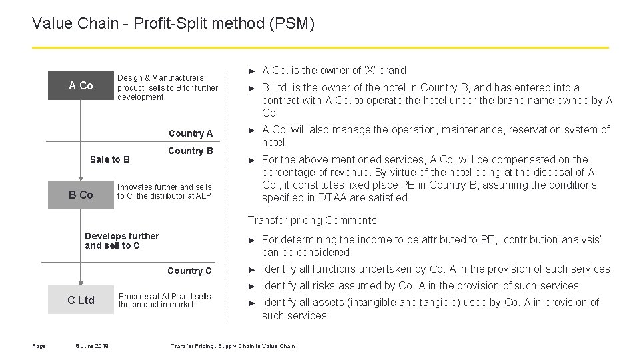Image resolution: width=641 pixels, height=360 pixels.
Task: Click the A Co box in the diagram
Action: pos(81,85)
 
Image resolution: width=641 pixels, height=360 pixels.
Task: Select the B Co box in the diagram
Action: pos(81,195)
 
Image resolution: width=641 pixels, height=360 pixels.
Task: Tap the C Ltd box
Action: pos(81,300)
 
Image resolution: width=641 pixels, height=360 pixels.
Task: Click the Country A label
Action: pos(190,133)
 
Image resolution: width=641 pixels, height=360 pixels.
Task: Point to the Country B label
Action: pos(190,151)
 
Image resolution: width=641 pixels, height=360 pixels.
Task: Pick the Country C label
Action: pos(189,271)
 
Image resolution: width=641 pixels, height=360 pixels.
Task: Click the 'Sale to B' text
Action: pos(110,159)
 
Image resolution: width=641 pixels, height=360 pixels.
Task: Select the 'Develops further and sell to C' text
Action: pos(122,241)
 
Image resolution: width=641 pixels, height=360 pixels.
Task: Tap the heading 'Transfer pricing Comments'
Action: pos(312,221)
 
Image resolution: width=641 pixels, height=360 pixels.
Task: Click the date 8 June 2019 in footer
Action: pos(93,345)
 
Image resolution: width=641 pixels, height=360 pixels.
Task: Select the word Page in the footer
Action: pos(39,345)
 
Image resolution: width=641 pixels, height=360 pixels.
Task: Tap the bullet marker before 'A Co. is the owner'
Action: pos(252,71)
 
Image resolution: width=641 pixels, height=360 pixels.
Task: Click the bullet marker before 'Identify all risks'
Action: pos(252,286)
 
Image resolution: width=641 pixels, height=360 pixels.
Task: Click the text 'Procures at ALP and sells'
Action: pos(165,296)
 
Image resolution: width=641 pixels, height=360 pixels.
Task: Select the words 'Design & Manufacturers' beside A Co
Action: pos(161,78)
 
